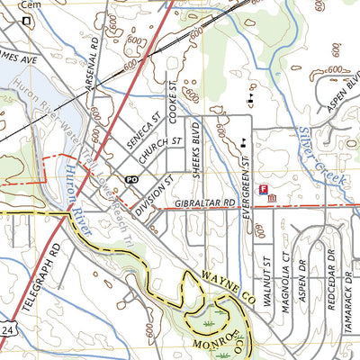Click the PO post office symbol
130,180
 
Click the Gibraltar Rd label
204,205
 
